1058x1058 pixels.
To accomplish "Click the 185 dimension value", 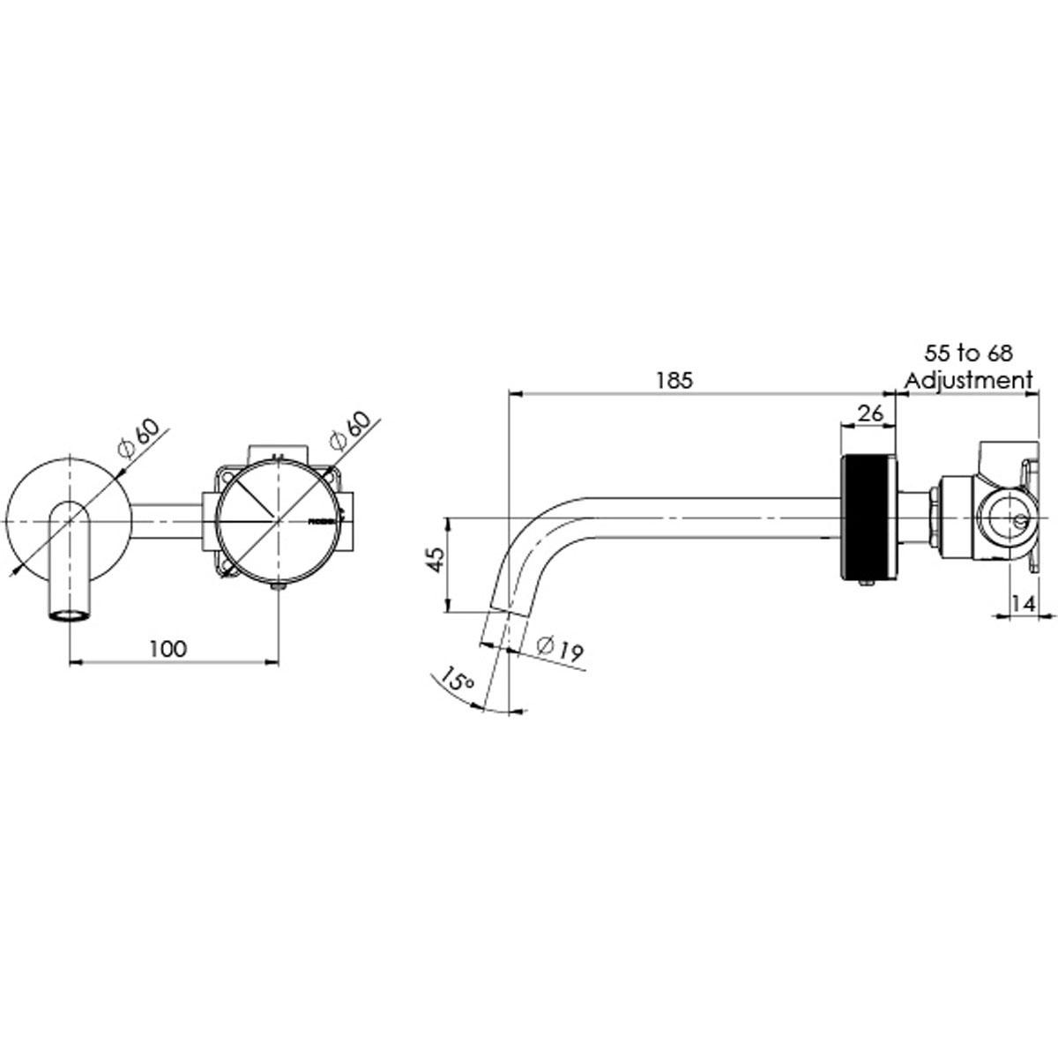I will click(x=675, y=381).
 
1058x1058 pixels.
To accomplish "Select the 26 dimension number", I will click(x=868, y=414).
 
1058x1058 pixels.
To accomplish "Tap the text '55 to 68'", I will click(x=968, y=354).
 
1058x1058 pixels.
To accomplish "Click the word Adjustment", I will click(x=968, y=381).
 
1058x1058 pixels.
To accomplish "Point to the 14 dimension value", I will click(x=1023, y=604).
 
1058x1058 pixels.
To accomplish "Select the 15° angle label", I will click(x=458, y=680).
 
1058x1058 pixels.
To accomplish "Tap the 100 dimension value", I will click(x=168, y=649).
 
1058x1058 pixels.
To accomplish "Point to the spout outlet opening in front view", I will click(x=70, y=615).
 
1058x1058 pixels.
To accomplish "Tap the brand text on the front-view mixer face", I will click(x=321, y=521).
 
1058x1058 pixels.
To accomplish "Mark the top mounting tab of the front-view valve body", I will click(x=278, y=452).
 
